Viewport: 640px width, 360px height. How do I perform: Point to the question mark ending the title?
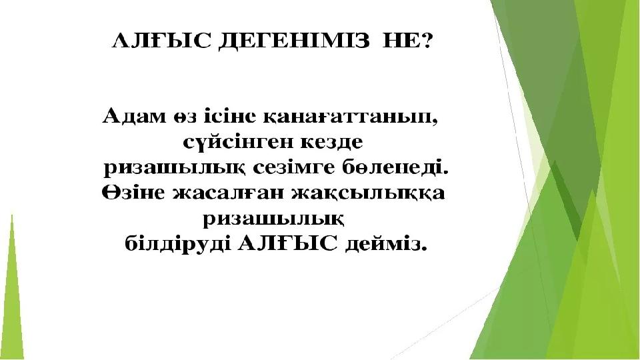coord(425,41)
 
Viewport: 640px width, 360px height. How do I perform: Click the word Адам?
coord(134,116)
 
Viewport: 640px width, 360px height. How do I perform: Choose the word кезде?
coord(331,143)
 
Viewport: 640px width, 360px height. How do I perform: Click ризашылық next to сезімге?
coord(174,169)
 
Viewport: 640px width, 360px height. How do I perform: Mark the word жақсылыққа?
coord(368,193)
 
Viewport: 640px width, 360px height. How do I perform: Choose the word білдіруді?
coord(175,244)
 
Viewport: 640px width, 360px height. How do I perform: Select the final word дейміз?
coord(386,244)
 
